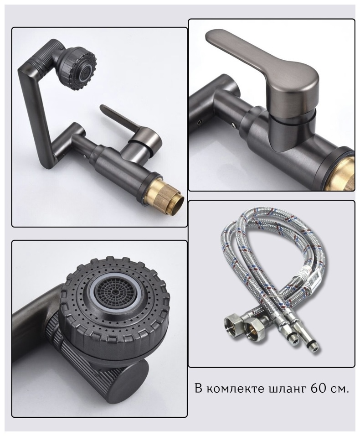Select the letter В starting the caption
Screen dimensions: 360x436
[x=198, y=388]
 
